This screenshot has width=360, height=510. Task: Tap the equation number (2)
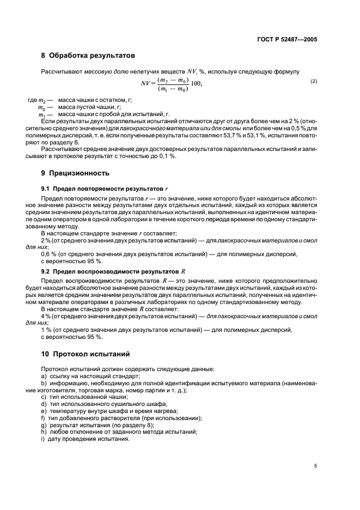[x=314, y=81]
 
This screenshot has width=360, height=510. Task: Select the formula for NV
[x=172, y=84]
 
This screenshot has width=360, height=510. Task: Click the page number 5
[x=315, y=465]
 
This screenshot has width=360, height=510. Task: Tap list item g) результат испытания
[x=97, y=425]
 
